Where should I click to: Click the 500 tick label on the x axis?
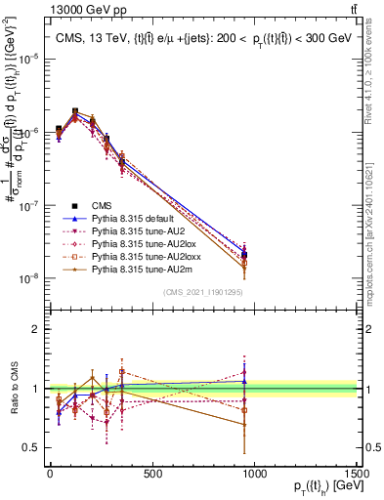click(152, 475)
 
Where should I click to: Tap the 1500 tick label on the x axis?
click(358, 475)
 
